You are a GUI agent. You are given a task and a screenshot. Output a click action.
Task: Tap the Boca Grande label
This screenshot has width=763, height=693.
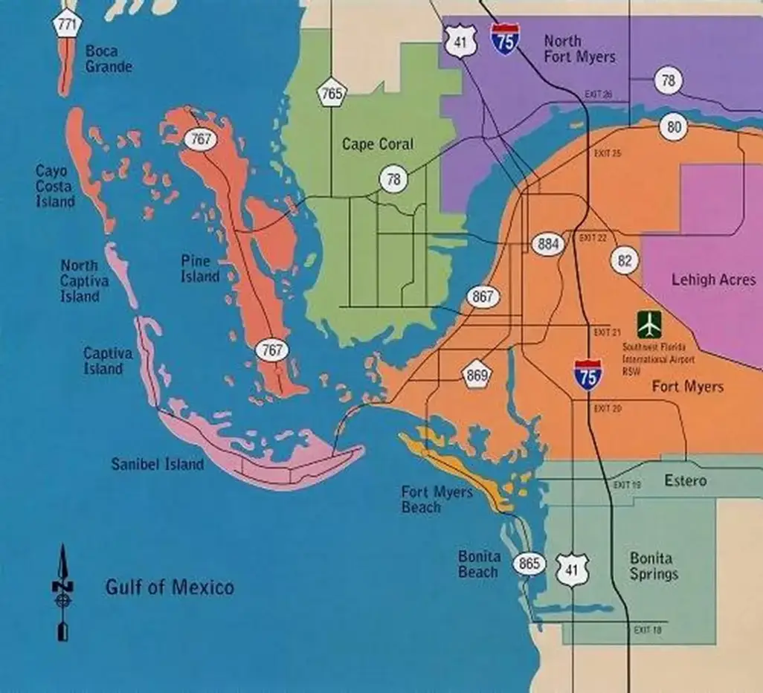(109, 59)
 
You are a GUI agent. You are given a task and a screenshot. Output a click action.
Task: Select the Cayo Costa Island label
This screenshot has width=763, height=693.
(55, 186)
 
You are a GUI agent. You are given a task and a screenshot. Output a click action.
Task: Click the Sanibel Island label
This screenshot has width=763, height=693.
(157, 465)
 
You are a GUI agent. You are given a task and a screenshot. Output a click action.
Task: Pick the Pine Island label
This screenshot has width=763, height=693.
(200, 269)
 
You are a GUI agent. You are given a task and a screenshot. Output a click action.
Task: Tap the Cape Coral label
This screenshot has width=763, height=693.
(377, 144)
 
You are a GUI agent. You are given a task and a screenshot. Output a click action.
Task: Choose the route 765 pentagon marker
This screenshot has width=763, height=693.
(332, 94)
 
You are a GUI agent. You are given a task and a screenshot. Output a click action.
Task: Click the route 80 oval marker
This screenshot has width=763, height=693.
(674, 127)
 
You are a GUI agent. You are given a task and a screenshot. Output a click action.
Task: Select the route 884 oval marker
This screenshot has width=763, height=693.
(548, 245)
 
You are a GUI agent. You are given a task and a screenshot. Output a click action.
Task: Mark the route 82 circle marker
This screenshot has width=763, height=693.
(625, 260)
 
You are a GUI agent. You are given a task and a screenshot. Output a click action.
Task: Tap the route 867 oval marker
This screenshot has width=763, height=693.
(482, 297)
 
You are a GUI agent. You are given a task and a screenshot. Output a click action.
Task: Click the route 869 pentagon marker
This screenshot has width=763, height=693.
(476, 375)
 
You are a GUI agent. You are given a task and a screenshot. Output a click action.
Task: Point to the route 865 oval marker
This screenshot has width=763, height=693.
(530, 564)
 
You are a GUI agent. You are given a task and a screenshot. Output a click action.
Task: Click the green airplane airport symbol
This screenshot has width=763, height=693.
(649, 325)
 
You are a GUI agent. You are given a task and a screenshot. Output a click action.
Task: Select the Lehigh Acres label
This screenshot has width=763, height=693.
(712, 280)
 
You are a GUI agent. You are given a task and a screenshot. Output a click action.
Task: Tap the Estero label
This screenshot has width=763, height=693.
(685, 480)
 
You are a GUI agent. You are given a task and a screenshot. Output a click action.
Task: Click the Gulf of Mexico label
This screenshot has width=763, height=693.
(169, 587)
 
